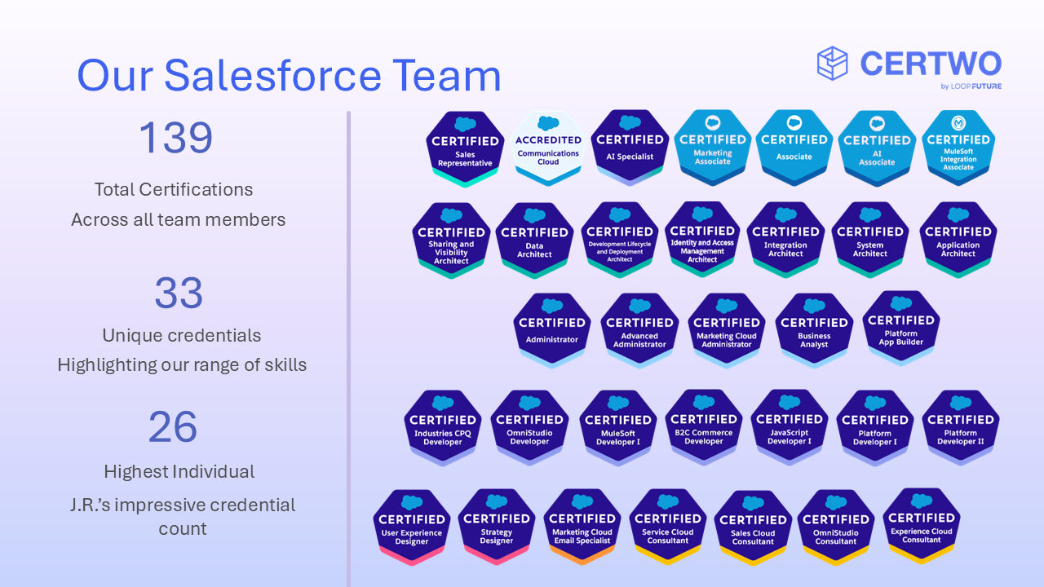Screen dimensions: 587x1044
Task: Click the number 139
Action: (x=175, y=138)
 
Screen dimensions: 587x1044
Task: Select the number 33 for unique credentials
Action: (x=178, y=293)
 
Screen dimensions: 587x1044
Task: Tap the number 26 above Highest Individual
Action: (x=173, y=427)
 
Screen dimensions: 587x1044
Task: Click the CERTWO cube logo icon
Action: (x=833, y=64)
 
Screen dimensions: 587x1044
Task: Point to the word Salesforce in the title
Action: (x=272, y=76)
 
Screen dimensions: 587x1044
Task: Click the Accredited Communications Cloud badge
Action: (x=548, y=148)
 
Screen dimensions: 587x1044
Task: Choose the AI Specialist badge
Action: (x=630, y=148)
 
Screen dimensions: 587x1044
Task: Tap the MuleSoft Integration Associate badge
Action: (x=958, y=148)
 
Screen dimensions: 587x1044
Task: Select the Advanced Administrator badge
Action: (x=639, y=331)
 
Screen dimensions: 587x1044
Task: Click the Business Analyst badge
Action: (x=814, y=331)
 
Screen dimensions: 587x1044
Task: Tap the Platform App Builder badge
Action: (x=901, y=329)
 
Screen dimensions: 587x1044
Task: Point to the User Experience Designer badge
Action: (x=412, y=527)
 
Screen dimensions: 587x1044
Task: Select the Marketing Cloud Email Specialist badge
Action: (x=582, y=527)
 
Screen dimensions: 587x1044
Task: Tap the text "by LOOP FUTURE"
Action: (x=971, y=86)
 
